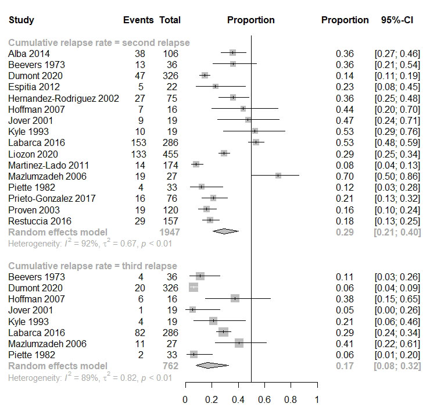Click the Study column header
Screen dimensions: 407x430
click(21, 20)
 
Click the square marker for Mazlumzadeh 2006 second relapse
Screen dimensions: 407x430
click(278, 176)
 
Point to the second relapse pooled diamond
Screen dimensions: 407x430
click(225, 231)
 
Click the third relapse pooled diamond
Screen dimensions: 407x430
click(212, 366)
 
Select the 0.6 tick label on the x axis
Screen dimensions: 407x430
click(264, 400)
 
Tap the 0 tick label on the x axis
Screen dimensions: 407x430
click(185, 400)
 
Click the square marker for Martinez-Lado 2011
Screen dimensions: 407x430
click(196, 165)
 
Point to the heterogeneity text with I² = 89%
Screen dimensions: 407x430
click(90, 378)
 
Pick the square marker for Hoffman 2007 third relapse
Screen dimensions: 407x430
click(235, 298)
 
